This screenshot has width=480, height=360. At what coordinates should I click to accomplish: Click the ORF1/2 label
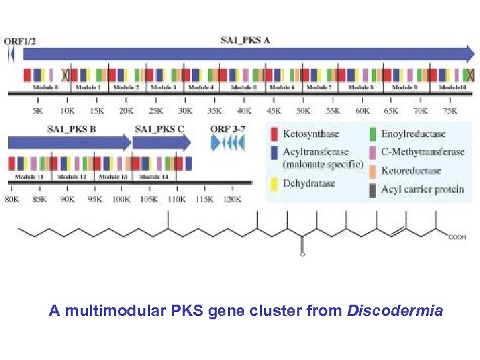point(20,41)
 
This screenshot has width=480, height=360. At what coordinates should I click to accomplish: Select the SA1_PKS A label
point(245,40)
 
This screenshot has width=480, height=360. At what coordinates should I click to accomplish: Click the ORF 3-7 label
point(229,129)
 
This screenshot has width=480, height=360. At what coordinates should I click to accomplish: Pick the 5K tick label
point(37,111)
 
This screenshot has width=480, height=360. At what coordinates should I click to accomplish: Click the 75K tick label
point(450,111)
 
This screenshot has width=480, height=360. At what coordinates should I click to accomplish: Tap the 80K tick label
point(12,199)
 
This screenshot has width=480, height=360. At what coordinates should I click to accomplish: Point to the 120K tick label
point(231,199)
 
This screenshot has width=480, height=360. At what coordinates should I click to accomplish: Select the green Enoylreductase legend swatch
point(373,135)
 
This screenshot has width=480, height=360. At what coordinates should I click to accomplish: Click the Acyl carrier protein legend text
point(422,189)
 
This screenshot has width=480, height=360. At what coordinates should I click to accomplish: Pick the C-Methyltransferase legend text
point(422,152)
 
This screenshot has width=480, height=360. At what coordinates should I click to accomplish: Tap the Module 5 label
point(244,87)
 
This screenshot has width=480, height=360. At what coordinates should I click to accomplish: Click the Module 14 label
point(155,177)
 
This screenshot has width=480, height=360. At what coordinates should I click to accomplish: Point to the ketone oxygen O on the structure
point(302,253)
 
